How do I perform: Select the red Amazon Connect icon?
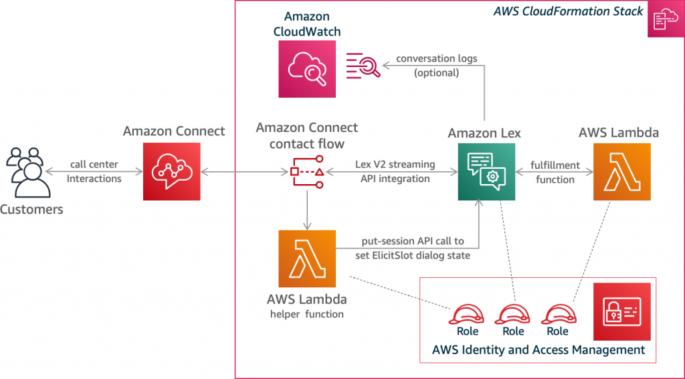[x=172, y=171]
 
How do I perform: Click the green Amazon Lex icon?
[x=486, y=171]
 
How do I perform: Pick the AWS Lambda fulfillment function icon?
[x=622, y=171]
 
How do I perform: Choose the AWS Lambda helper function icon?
[x=307, y=258]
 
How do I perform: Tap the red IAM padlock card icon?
[x=622, y=311]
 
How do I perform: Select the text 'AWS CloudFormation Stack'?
[x=568, y=11]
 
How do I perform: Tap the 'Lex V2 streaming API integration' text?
[x=395, y=171]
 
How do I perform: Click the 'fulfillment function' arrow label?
[x=553, y=171]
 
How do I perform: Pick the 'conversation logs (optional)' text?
[x=436, y=66]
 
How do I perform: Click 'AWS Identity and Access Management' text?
[x=539, y=350]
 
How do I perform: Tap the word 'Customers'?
[x=31, y=210]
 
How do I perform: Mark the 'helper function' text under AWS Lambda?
[x=307, y=314]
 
